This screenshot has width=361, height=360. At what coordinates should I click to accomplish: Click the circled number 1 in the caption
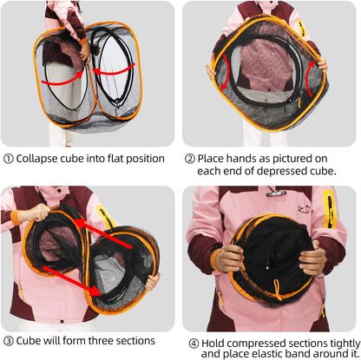click(9, 159)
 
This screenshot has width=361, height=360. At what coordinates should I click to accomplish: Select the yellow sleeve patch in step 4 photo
click(329, 213)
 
